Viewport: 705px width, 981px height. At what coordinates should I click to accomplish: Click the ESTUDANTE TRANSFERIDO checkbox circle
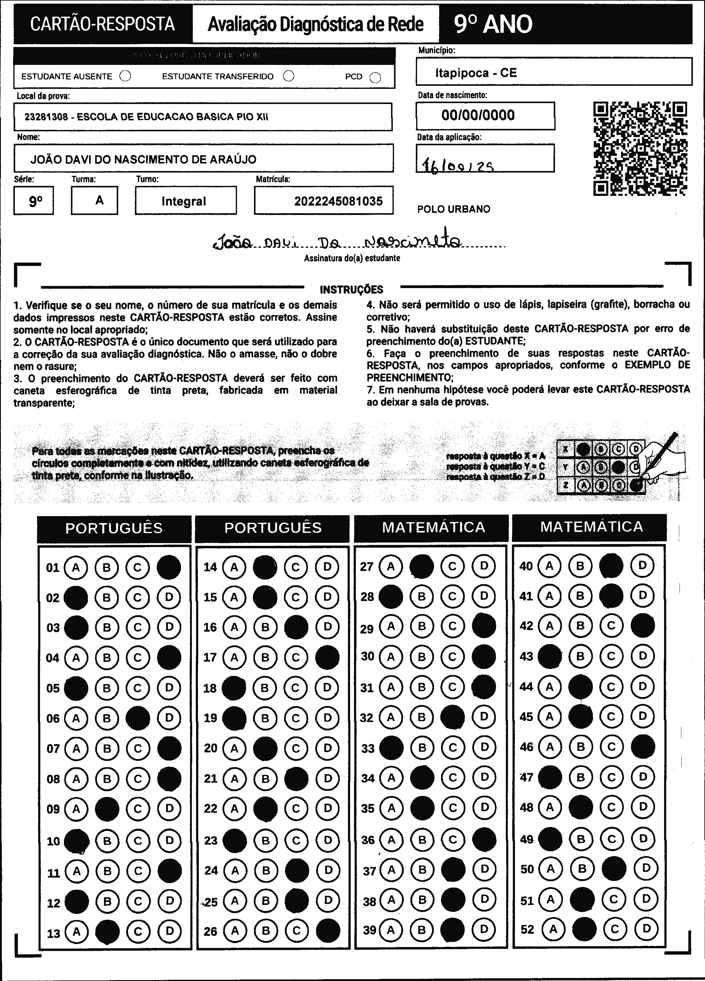(x=289, y=76)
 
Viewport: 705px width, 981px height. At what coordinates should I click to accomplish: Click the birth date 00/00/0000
(x=478, y=115)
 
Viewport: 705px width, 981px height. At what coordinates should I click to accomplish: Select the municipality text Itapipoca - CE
(x=476, y=73)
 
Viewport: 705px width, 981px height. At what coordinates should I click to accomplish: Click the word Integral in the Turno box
(x=184, y=201)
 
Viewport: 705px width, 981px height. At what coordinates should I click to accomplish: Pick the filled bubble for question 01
(x=169, y=567)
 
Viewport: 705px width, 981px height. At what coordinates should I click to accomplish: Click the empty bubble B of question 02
(x=107, y=597)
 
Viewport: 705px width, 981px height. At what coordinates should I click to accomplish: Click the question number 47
(x=526, y=777)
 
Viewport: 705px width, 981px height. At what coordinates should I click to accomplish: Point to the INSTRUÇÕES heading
(x=351, y=289)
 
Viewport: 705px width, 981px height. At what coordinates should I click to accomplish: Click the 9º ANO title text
(x=493, y=24)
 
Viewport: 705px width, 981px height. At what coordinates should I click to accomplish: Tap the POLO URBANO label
(x=453, y=209)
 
